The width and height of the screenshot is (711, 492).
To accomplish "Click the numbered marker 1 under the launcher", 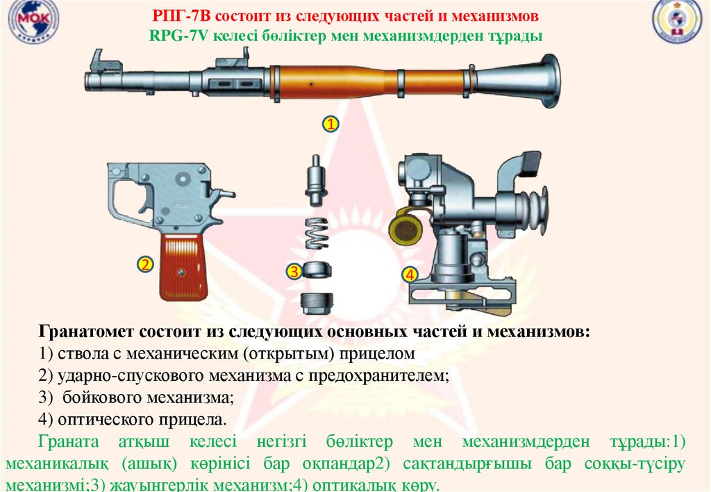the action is pyautogui.click(x=330, y=125).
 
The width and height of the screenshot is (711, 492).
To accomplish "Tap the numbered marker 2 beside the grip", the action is pyautogui.click(x=145, y=265).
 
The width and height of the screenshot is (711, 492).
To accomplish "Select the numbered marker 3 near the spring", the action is pyautogui.click(x=294, y=272).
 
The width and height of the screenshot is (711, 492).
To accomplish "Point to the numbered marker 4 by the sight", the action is pyautogui.click(x=410, y=274).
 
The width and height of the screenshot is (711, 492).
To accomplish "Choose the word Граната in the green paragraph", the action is pyautogui.click(x=67, y=442).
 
